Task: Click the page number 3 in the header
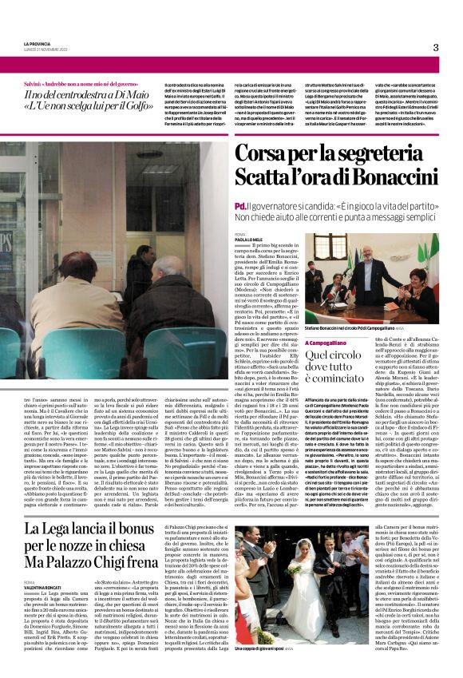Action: pyautogui.click(x=435, y=47)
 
